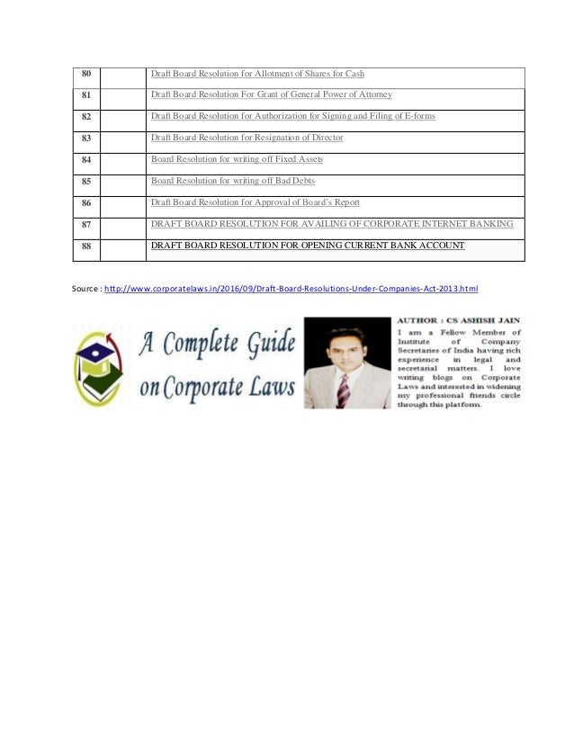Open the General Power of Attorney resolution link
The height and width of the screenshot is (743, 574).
pos(270,94)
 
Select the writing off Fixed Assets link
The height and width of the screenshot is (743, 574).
pos(237,159)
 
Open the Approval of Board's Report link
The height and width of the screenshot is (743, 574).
pos(255,202)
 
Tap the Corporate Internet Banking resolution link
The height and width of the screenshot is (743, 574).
pos(332,224)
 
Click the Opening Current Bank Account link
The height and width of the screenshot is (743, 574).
pos(308,246)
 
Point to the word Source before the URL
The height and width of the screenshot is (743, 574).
pos(85,289)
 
